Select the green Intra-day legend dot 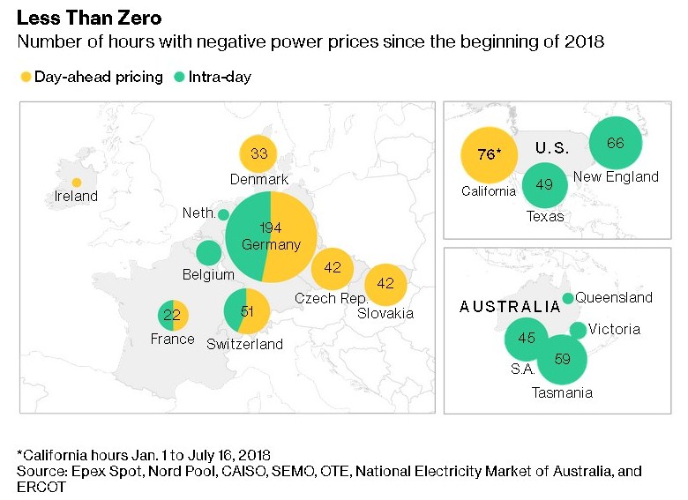point(179,77)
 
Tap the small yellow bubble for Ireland point(77,183)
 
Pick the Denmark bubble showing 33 point(258,153)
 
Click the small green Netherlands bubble point(223,214)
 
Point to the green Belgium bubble point(208,254)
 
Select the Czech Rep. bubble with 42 point(333,267)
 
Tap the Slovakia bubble point(385,284)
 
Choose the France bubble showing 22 point(172,315)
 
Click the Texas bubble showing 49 point(544,184)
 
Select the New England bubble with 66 point(616,143)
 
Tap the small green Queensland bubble point(568,298)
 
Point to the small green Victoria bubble point(578,330)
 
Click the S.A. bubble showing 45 point(527,338)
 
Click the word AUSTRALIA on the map point(510,307)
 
